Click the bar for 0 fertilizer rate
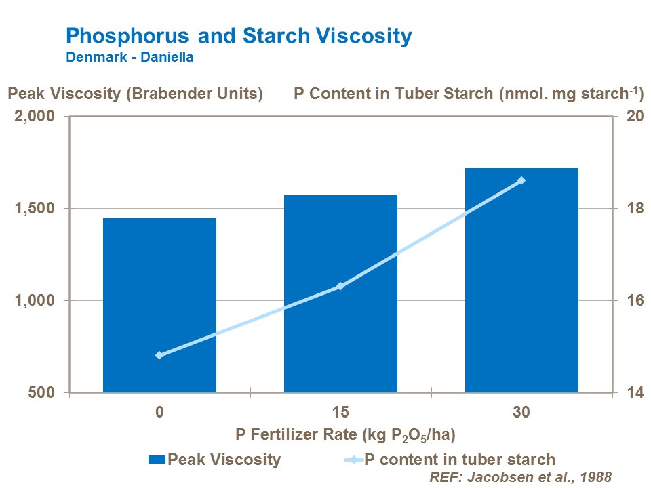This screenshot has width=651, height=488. tap(159, 305)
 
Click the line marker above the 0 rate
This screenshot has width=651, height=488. tap(159, 355)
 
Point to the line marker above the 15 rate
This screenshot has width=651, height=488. tap(340, 286)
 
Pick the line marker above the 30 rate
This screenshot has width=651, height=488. tap(521, 180)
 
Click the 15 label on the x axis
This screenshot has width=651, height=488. tap(340, 412)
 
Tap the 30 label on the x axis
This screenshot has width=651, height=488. tap(521, 412)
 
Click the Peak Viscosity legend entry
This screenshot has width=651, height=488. tap(214, 460)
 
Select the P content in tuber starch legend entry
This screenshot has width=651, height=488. tap(448, 460)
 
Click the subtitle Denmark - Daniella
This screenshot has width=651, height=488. tap(130, 57)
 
